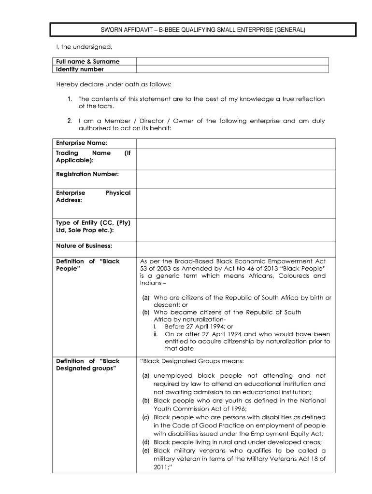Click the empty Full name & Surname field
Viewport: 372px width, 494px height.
[232, 61]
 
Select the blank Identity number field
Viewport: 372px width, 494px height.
[232, 69]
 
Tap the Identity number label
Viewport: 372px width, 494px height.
[80, 69]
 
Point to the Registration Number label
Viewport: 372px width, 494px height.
[87, 174]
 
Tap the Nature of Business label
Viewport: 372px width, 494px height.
[84, 246]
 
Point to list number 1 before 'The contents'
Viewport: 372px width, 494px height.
[70, 99]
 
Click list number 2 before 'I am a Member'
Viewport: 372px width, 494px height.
[70, 121]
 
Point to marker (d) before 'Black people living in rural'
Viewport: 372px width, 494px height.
[145, 442]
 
